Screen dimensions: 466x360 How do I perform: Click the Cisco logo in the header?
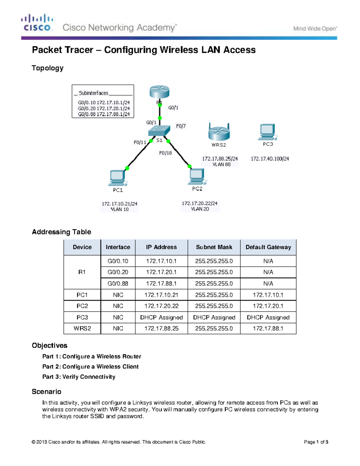tap(37, 23)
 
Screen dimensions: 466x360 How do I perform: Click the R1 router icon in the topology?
tap(159, 92)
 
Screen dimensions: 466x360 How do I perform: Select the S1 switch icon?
tap(159, 131)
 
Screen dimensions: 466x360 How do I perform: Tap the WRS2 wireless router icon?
tap(219, 132)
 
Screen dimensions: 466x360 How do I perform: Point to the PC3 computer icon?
tap(267, 132)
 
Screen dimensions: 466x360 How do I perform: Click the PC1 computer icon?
tap(118, 178)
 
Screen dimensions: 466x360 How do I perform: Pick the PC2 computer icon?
tap(197, 176)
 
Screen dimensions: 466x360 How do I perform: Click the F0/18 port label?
tap(165, 153)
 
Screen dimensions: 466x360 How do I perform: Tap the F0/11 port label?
tap(140, 143)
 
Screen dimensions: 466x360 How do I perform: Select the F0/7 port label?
tap(181, 126)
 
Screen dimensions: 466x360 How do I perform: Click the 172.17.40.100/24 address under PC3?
tap(270, 159)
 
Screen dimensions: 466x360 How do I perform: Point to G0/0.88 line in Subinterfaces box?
tap(104, 114)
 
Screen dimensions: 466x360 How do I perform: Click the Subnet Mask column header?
tap(214, 247)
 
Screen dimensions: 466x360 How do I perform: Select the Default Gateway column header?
tap(268, 247)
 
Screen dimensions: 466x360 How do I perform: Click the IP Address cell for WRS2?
tap(161, 329)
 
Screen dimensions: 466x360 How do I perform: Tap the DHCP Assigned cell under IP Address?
tap(161, 317)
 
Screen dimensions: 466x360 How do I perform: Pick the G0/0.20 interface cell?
tap(118, 272)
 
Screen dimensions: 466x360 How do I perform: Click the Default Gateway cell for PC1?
tap(268, 295)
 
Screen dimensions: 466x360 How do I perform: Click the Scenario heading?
tap(46, 392)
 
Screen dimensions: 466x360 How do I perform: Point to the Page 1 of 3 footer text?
tap(316, 442)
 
